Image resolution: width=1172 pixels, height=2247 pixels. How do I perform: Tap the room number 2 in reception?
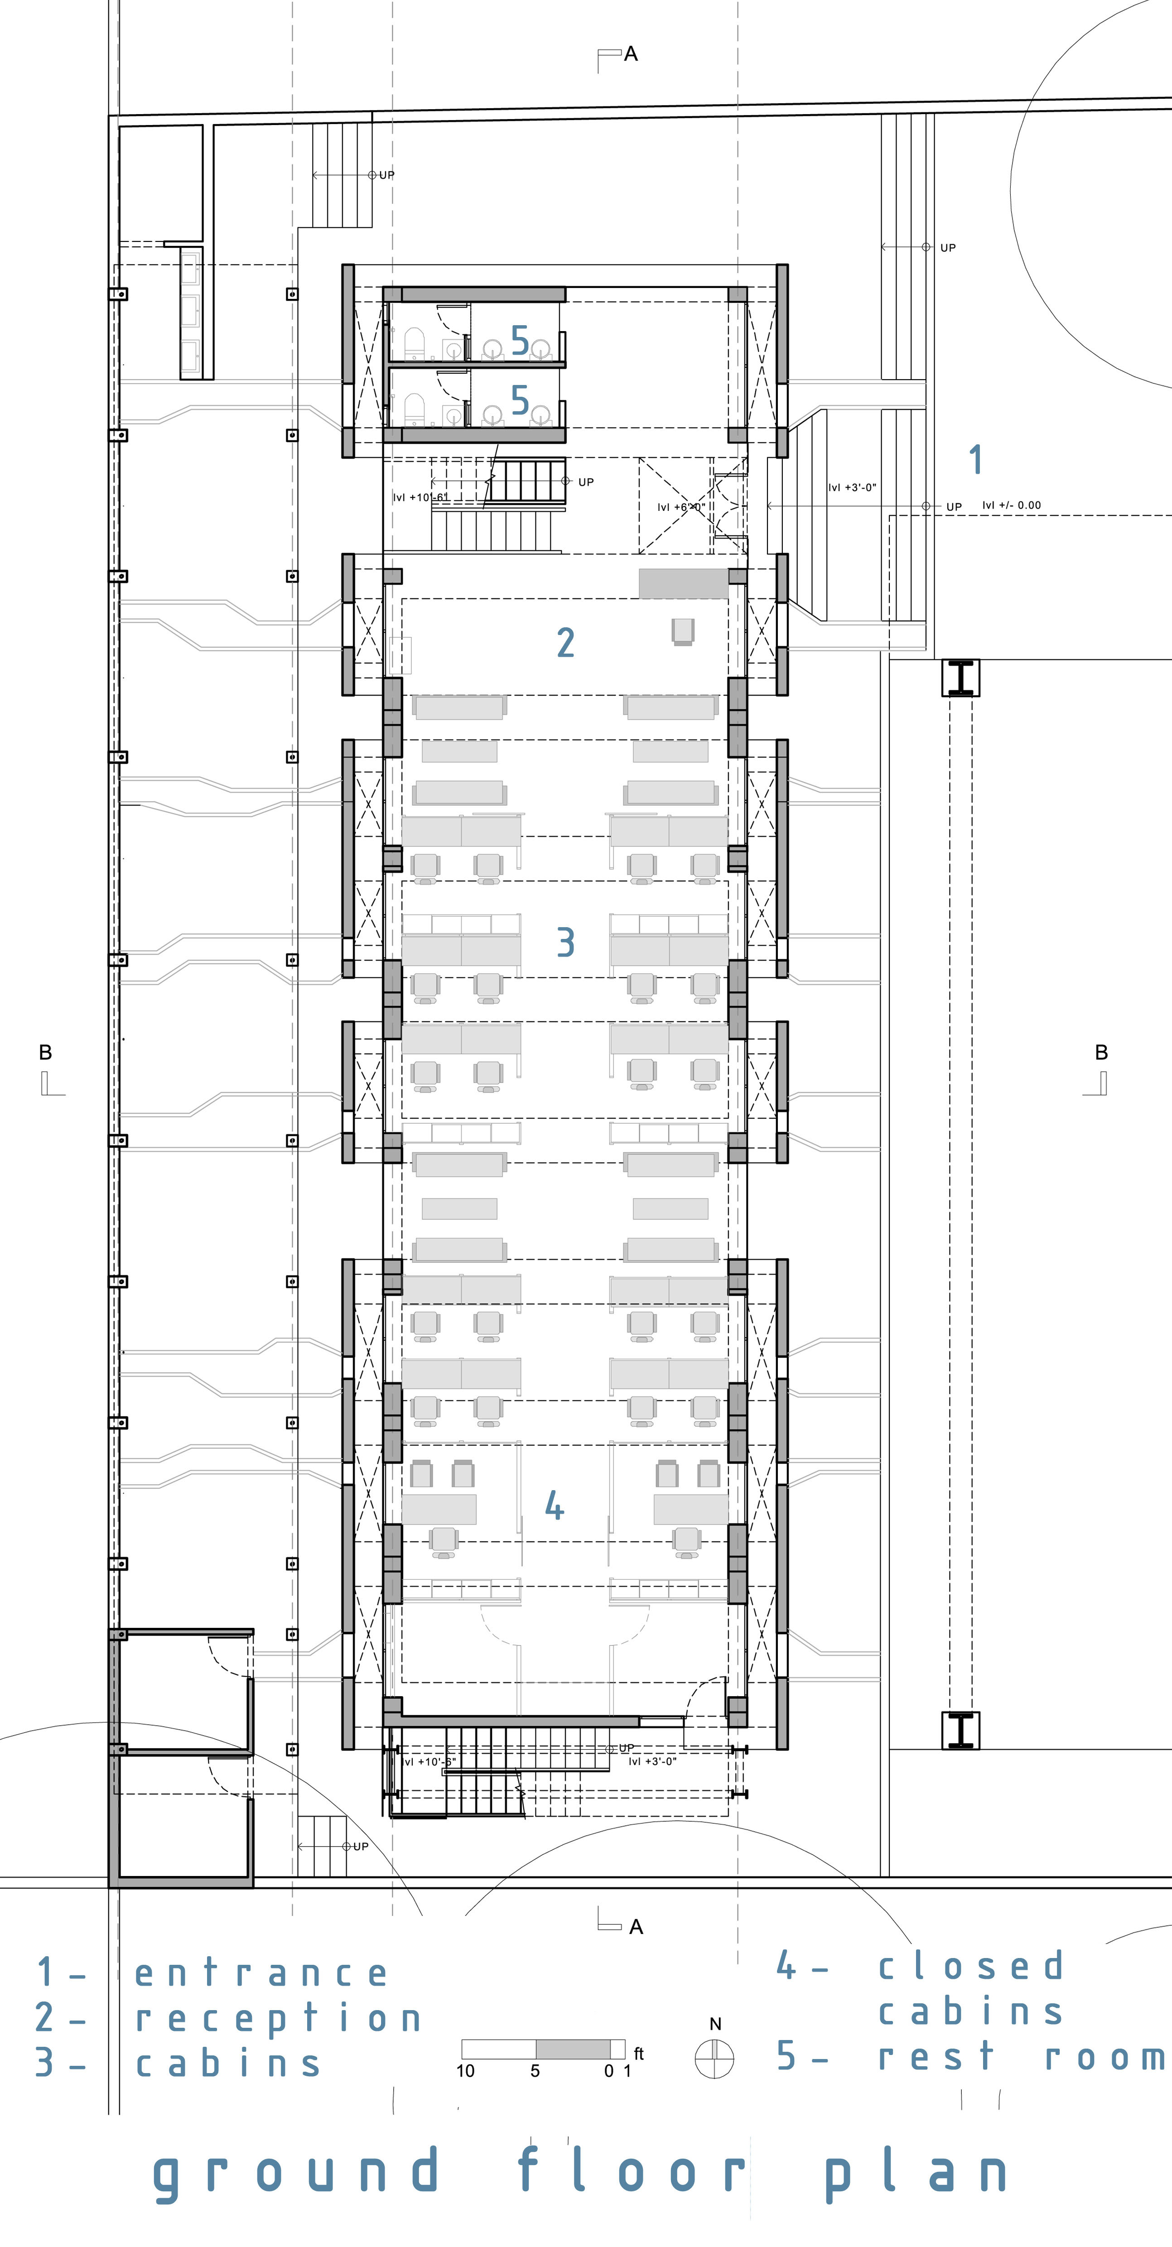(565, 643)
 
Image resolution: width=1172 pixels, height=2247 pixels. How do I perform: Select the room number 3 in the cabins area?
(565, 942)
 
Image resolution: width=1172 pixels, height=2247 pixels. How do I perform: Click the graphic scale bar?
(543, 2049)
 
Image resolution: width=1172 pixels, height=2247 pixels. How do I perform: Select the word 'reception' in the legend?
(278, 2018)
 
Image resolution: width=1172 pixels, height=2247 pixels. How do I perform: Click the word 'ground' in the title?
(297, 2172)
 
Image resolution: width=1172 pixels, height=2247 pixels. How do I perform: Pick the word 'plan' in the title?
(916, 2172)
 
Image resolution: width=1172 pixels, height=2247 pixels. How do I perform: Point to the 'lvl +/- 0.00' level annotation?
(1012, 505)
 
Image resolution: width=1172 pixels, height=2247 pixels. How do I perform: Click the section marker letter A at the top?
(631, 54)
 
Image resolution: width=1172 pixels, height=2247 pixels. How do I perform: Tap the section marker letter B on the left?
(45, 1053)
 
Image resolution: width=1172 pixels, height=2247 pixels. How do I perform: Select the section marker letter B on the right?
(1101, 1053)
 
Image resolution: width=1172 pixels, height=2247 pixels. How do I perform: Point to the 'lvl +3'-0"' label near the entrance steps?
(852, 488)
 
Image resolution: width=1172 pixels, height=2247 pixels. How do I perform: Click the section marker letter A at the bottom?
(636, 1927)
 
